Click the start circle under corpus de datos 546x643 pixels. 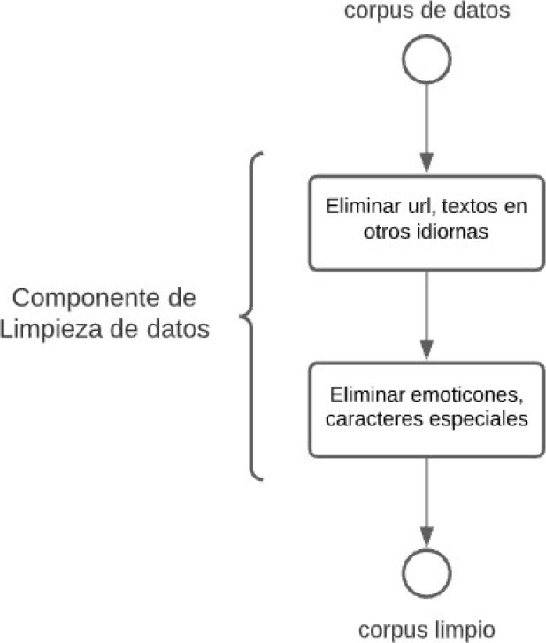[x=427, y=60]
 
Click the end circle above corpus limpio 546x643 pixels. [x=427, y=575]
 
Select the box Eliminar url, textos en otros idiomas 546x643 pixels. [x=427, y=222]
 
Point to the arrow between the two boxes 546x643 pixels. [x=427, y=314]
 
